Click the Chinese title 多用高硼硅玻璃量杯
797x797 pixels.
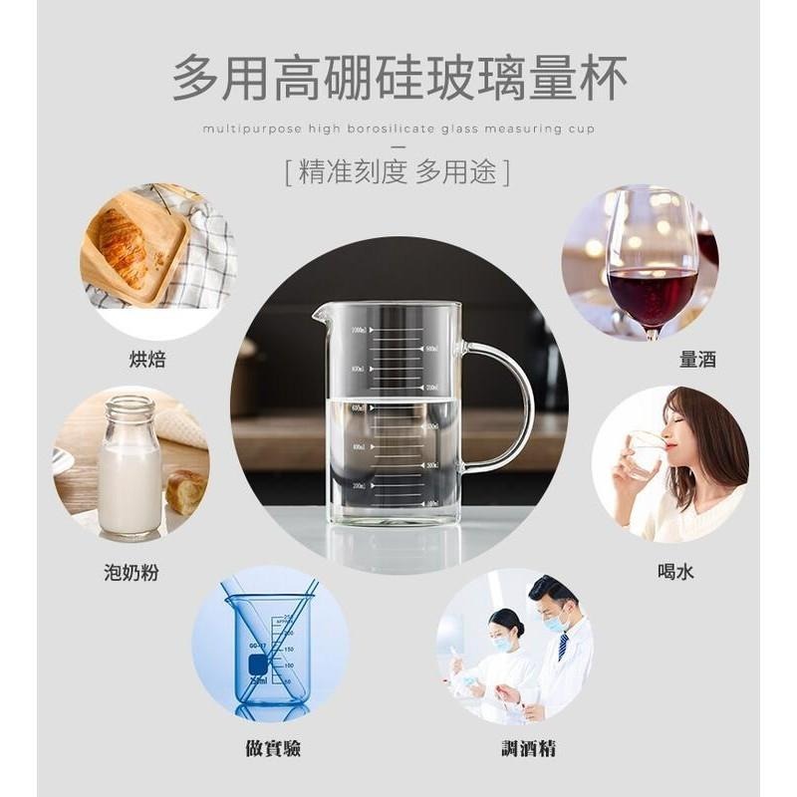click(398, 77)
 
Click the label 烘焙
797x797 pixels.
click(147, 360)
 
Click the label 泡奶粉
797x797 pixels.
click(131, 572)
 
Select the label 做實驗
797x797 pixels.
click(274, 746)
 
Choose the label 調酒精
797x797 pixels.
click(527, 746)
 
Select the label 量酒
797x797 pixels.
click(697, 360)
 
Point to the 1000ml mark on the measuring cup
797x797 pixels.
click(359, 330)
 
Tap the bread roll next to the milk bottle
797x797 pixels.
click(185, 491)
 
